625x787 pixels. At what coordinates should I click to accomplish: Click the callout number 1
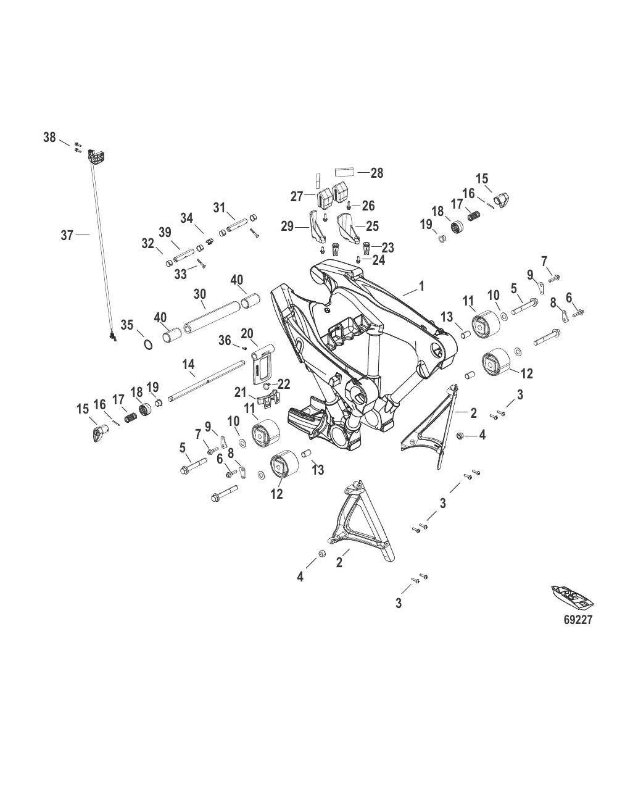(x=421, y=286)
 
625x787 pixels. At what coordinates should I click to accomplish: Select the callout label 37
(x=67, y=235)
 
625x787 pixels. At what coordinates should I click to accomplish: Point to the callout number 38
(x=50, y=137)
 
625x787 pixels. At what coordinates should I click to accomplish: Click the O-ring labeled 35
(x=149, y=343)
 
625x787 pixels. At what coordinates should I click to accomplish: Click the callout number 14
(x=189, y=365)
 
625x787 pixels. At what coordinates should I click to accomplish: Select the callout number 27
(x=297, y=196)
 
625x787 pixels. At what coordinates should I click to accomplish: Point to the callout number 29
(x=288, y=228)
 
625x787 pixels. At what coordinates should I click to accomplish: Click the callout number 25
(x=372, y=227)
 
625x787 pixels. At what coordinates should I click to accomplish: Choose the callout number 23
(x=387, y=247)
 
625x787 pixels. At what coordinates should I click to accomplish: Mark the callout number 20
(x=247, y=334)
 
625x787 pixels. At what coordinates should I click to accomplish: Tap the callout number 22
(x=284, y=384)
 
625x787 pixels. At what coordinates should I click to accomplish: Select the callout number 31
(x=220, y=208)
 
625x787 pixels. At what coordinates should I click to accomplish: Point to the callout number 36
(x=225, y=339)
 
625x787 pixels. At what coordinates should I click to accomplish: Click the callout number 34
(x=187, y=218)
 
